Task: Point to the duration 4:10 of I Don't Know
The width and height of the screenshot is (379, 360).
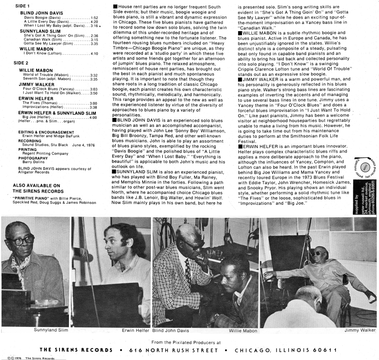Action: click(94, 54)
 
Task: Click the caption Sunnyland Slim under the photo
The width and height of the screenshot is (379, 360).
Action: click(51, 330)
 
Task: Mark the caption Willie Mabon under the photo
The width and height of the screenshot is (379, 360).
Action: click(243, 331)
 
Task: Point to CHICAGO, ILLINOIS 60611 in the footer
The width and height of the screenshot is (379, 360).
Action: click(286, 351)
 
